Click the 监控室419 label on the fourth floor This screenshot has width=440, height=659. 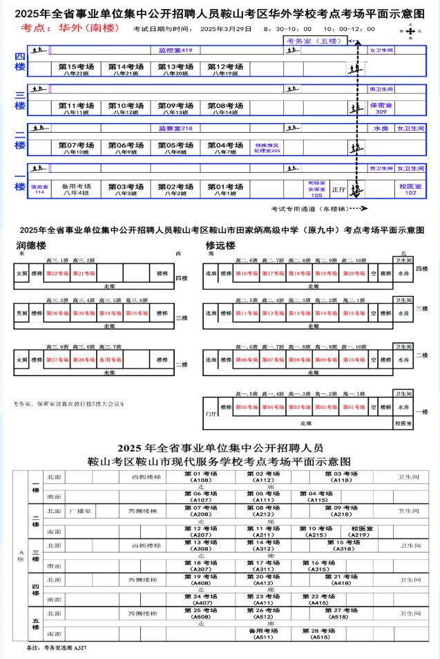click(x=175, y=50)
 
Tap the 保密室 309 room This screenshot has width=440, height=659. click(x=381, y=109)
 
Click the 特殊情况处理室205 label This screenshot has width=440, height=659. click(x=267, y=148)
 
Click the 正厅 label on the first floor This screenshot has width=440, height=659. click(x=338, y=189)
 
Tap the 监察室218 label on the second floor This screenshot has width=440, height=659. click(x=175, y=128)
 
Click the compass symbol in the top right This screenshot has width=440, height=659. click(x=412, y=31)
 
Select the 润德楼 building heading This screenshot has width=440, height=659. click(x=32, y=245)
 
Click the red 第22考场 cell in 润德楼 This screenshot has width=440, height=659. click(x=57, y=274)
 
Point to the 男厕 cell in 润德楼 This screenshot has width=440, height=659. click(x=22, y=313)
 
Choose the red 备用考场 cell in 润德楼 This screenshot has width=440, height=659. click(x=110, y=360)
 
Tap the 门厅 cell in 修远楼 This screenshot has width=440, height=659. click(x=211, y=413)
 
